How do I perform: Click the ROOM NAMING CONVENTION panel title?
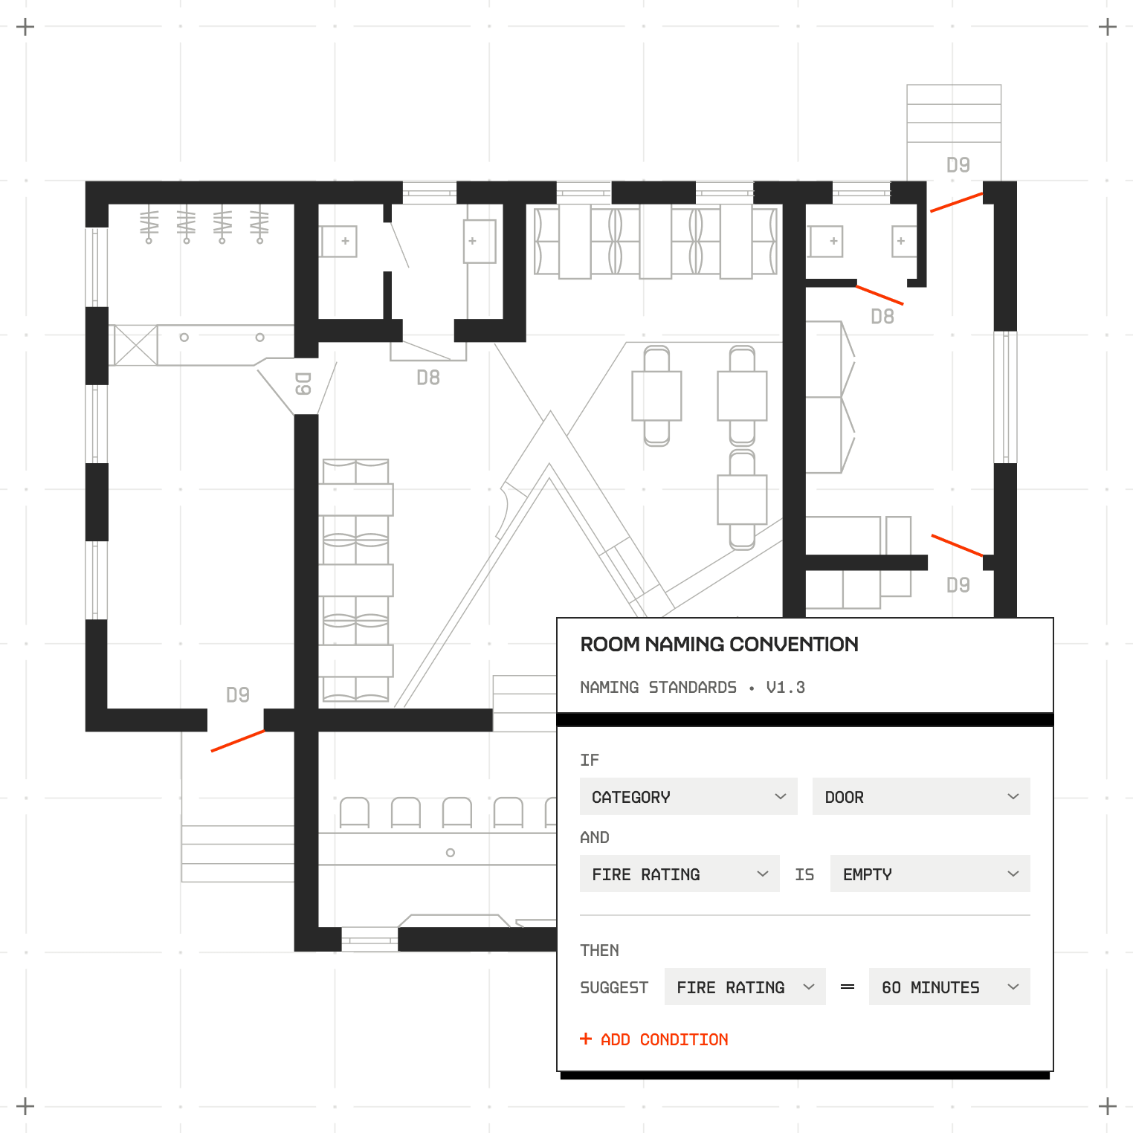[x=719, y=644]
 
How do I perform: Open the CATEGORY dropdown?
[x=688, y=796]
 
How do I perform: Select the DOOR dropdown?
[x=921, y=796]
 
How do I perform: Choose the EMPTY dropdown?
[x=930, y=874]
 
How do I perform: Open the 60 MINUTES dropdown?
[x=949, y=987]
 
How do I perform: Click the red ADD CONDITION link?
[x=654, y=1039]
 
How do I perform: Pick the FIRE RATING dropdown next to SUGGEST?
[x=745, y=987]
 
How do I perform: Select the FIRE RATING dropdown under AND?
[x=680, y=874]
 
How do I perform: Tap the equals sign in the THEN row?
[x=848, y=987]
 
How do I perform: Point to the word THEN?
[x=599, y=950]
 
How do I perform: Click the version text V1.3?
[x=786, y=687]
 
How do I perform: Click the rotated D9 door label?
[x=303, y=384]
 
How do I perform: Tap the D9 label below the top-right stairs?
[x=958, y=165]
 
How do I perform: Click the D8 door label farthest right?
[x=882, y=317]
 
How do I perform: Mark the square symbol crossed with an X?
[x=136, y=345]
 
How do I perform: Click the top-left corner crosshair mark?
[x=25, y=28]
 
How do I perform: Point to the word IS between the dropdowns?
[x=804, y=874]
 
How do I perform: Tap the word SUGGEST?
[x=614, y=987]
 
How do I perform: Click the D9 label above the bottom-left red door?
[x=238, y=695]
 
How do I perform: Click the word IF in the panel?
[x=590, y=760]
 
